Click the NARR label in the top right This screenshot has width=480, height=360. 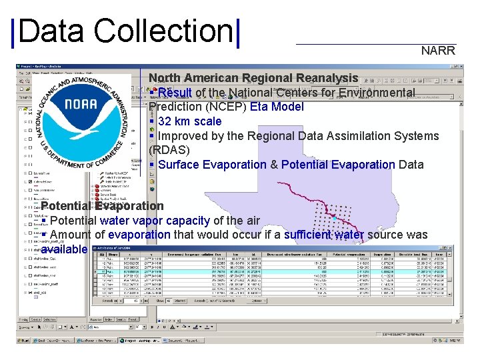[438, 51]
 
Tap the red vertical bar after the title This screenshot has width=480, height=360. [237, 31]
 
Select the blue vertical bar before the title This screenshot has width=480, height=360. [14, 31]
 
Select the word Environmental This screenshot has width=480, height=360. [377, 92]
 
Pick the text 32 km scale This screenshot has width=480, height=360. [189, 121]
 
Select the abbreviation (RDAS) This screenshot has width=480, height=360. [169, 150]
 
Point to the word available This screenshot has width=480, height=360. [64, 249]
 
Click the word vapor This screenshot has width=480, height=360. [145, 221]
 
